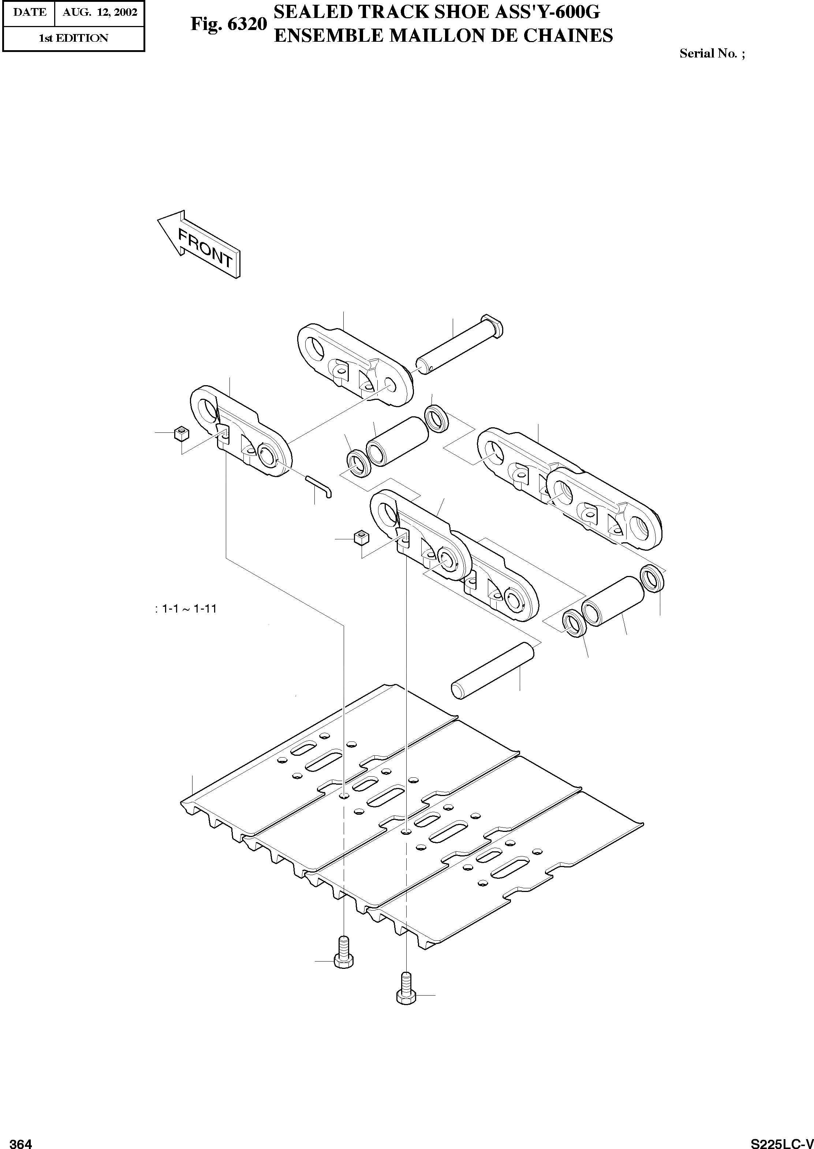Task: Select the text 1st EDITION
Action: point(73,38)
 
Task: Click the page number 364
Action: point(21,1140)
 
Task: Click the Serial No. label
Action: point(712,53)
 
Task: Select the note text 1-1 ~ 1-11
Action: point(186,609)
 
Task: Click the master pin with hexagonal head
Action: point(458,346)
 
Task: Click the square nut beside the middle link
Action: point(361,538)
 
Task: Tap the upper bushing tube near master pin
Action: point(397,441)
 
